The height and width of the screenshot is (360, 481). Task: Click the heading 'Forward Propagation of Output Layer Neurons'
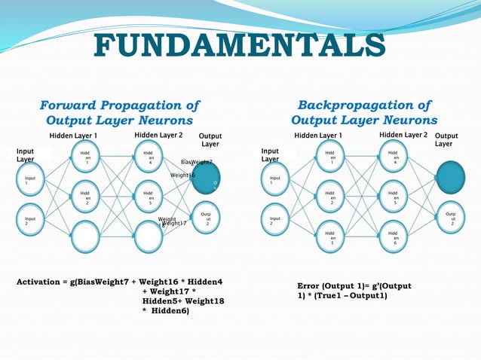click(120, 112)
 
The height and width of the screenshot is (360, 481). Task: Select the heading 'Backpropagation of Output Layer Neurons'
click(364, 112)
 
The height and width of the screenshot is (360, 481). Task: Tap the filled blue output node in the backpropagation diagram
click(452, 172)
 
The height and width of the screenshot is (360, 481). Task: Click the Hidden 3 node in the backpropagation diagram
click(331, 238)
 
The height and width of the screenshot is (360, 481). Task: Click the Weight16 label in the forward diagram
click(182, 175)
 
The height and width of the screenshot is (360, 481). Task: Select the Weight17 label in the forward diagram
click(174, 223)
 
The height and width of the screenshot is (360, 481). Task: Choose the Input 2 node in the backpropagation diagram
click(274, 221)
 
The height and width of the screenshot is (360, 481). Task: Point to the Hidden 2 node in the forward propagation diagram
click(87, 199)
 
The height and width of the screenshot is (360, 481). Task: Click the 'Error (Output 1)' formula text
click(354, 291)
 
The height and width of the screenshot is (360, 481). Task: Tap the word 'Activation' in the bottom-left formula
click(41, 282)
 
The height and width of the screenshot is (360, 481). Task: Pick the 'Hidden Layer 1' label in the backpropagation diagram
click(318, 136)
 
